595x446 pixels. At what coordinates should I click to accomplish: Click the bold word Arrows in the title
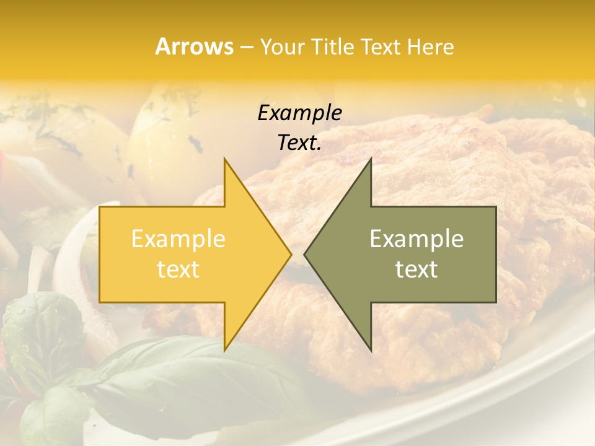tap(194, 46)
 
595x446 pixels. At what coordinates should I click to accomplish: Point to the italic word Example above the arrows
tap(299, 113)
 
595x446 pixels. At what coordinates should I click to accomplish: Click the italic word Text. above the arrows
tap(299, 143)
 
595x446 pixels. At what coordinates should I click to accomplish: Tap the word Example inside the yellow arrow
tap(178, 239)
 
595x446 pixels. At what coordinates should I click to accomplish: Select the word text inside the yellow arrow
tap(178, 269)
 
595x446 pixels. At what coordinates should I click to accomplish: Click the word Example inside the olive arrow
tap(416, 239)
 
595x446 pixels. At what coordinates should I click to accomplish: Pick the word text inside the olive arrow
tap(416, 269)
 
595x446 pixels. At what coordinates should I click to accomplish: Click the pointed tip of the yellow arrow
tap(291, 254)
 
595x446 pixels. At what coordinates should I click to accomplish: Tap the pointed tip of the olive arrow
tap(305, 254)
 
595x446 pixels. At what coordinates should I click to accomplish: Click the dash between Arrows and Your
tap(246, 48)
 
